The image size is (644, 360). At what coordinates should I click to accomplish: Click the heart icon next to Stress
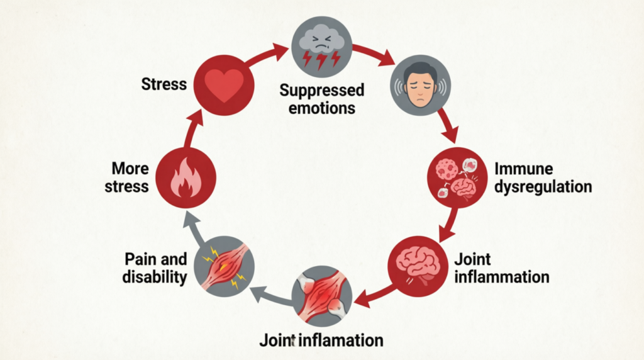224,85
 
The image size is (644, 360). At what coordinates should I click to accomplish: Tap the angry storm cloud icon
321,47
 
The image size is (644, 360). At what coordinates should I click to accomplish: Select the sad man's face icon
420,86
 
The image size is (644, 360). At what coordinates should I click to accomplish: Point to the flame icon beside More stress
186,178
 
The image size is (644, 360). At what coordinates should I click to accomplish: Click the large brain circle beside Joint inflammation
418,266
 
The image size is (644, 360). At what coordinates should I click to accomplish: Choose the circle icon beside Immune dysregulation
458,177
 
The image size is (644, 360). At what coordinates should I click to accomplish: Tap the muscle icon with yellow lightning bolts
225,266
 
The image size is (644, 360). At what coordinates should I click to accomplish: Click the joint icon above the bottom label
321,296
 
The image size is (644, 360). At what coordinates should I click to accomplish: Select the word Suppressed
321,91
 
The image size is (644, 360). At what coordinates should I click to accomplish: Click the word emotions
321,108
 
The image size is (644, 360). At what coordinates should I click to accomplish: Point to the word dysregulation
543,187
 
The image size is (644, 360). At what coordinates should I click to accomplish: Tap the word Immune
524,169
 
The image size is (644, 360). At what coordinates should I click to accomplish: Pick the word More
130,169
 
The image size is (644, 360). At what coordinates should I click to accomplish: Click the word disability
155,277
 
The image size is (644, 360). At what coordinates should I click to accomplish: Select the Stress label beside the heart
164,84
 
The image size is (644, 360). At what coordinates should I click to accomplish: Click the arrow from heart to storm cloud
266,55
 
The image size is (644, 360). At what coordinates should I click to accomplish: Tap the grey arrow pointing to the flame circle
194,227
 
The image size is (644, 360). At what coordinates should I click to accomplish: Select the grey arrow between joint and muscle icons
271,295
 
